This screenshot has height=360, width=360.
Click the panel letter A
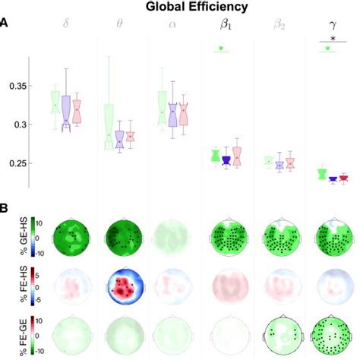tap(5, 24)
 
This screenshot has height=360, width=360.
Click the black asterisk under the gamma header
tap(332, 39)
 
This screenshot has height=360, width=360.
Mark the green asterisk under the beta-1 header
tap(221, 49)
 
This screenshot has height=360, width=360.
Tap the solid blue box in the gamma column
tap(332, 179)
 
